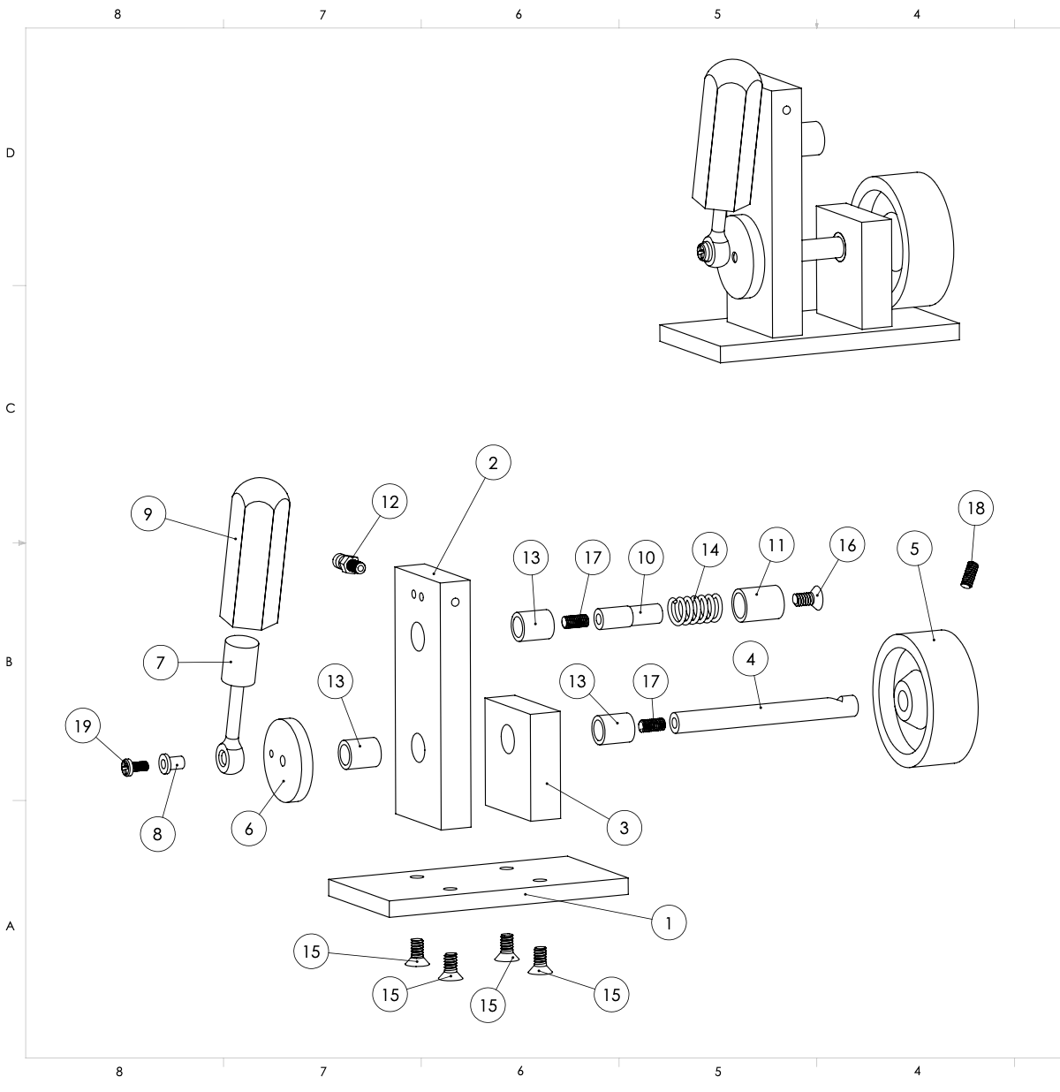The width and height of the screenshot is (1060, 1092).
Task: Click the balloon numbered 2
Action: tap(493, 463)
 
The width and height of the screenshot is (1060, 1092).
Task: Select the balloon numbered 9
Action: tap(148, 513)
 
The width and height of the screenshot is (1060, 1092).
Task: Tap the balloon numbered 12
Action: tap(390, 501)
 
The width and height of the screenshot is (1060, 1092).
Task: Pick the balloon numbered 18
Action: tap(975, 508)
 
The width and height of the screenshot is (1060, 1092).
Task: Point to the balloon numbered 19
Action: tap(83, 725)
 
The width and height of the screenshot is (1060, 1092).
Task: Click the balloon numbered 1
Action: tap(669, 922)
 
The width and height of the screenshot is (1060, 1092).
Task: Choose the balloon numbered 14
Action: tap(709, 550)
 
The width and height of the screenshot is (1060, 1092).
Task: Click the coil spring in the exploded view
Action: tap(694, 610)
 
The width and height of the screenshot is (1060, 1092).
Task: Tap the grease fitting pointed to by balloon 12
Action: tap(348, 564)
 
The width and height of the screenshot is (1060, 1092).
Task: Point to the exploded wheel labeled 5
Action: tap(925, 699)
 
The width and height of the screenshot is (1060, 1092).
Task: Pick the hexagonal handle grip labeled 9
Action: tap(255, 554)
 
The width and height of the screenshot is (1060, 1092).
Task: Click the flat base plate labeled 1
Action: tap(478, 886)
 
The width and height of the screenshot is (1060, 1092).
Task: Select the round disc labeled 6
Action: tap(289, 760)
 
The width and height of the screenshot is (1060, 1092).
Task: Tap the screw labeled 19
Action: tap(134, 767)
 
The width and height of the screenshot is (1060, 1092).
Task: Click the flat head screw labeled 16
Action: tap(807, 600)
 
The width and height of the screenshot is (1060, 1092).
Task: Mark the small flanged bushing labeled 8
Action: tap(171, 763)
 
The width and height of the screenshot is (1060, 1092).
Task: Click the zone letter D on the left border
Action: tap(10, 153)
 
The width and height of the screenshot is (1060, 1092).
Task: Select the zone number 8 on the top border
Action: tap(117, 15)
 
